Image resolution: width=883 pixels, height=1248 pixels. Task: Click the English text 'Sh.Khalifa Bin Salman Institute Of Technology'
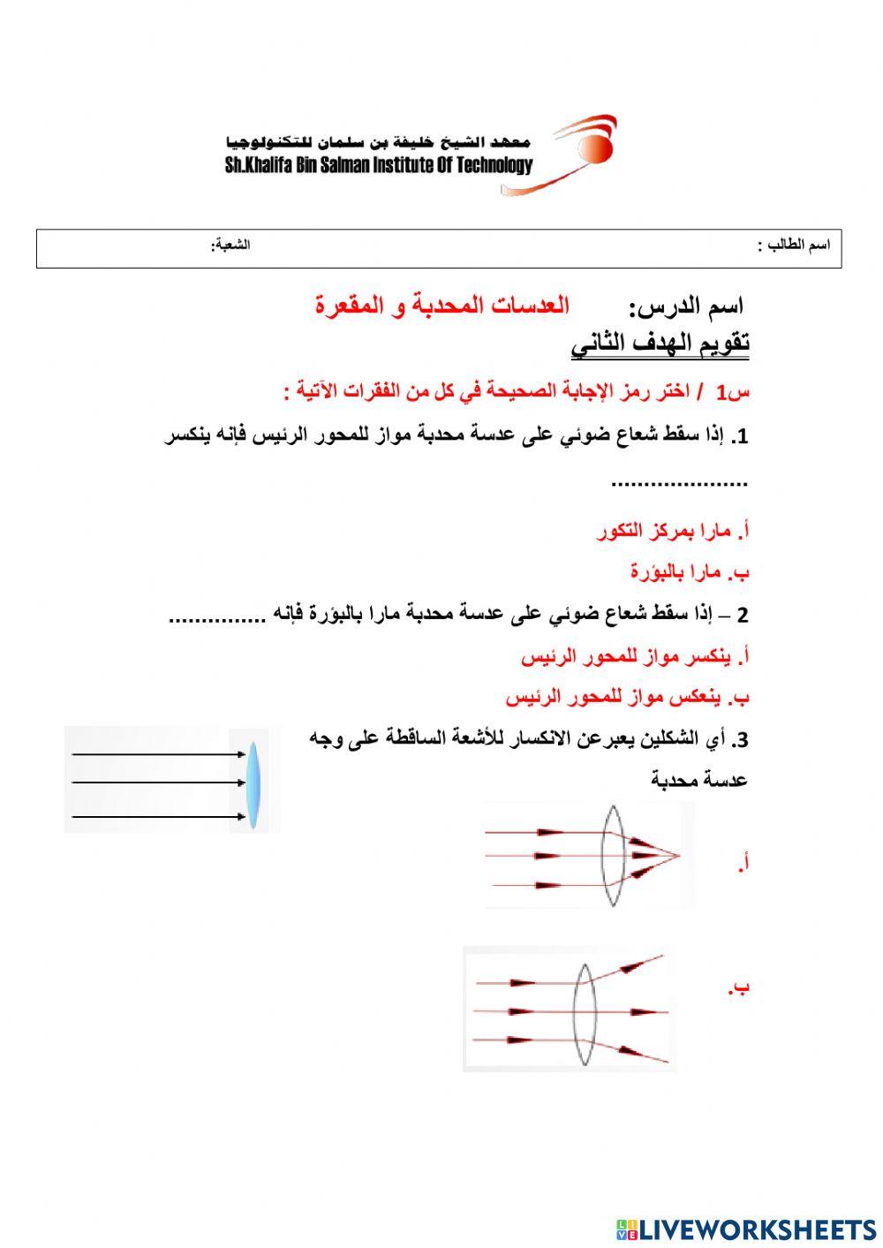379,165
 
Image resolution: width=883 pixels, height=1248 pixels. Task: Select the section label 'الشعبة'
230,245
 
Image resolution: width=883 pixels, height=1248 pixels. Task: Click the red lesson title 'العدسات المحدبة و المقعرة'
442,306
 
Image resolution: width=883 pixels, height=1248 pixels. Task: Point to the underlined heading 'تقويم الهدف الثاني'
660,344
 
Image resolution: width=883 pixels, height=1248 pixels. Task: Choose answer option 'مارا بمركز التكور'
673,531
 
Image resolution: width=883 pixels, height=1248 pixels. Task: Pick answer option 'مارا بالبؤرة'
690,571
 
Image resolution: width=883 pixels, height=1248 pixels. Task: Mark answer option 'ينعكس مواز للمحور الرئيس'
627,697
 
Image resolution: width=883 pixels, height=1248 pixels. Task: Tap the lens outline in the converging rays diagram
614,856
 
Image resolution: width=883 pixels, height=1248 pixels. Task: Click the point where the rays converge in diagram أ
677,855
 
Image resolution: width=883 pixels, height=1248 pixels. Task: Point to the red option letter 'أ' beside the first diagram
743,863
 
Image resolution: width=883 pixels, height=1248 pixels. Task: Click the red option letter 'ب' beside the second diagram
739,987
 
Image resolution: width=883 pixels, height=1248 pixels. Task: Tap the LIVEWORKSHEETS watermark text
746,1229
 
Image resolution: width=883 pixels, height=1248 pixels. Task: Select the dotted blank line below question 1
679,483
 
